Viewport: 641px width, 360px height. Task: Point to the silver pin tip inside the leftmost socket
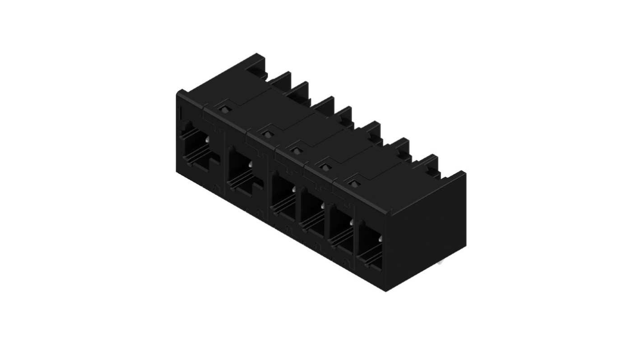206,141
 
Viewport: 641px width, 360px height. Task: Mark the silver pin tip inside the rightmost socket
380,238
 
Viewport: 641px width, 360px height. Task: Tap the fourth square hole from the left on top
324,167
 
